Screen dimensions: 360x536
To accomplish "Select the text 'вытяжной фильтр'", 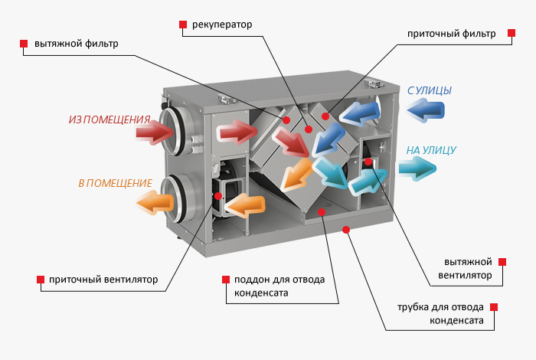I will [75, 43].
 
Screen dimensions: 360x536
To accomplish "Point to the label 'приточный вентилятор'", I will [103, 280].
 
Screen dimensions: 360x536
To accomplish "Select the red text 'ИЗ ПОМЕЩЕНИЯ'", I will [109, 119].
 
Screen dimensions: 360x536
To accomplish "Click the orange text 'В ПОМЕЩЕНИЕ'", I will [115, 184].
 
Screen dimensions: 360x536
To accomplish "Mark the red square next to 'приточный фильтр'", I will [509, 34].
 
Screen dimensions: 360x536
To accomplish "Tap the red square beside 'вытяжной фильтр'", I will [24, 43].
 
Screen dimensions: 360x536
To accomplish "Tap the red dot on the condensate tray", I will [322, 210].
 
